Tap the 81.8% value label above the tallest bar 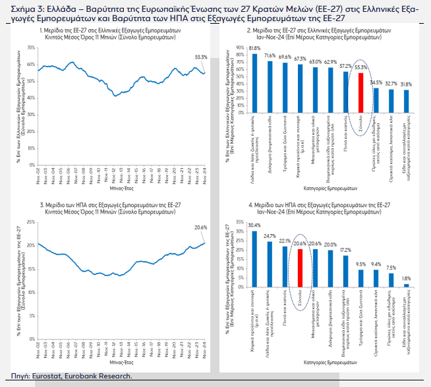pyautogui.click(x=255, y=49)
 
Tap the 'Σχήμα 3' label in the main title pyautogui.click(x=20, y=7)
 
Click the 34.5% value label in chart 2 pyautogui.click(x=376, y=82)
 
